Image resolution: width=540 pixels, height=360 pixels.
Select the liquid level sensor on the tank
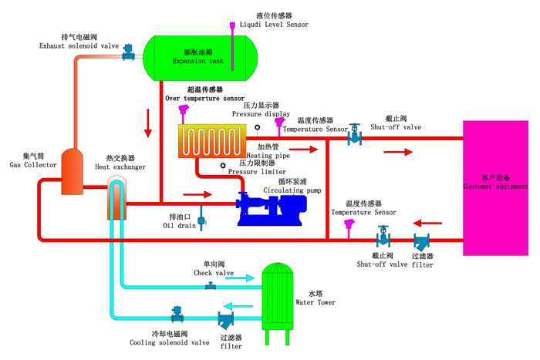232,28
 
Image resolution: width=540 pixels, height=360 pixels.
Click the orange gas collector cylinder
72,172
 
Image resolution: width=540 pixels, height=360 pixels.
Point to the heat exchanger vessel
116,199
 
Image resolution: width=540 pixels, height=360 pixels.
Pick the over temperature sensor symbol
184,113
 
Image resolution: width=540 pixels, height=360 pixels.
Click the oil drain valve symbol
202,222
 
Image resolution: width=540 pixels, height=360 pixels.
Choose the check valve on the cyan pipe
210,286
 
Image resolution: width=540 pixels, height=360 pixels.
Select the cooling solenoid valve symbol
177,314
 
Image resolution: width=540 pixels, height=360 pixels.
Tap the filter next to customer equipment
421,241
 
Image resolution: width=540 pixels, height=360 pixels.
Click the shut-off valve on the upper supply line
354,135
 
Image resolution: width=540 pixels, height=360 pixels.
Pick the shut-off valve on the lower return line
383,236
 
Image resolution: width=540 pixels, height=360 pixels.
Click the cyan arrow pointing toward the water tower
240,278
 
